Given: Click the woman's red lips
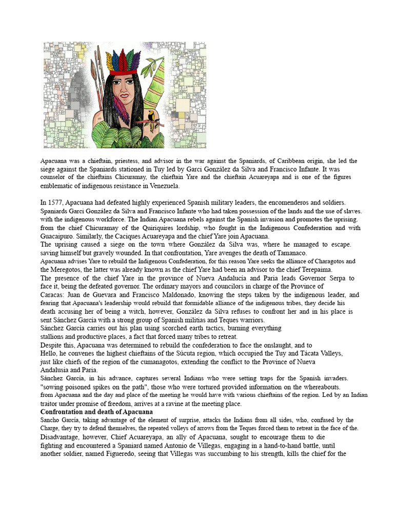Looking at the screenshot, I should [123, 95].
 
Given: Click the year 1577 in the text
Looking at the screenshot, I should [56, 203].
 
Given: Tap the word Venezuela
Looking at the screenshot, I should [164, 186].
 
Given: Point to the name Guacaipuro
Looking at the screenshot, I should [58, 236].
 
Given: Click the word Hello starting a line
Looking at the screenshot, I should [49, 354].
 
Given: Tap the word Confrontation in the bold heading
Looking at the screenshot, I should [63, 412].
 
